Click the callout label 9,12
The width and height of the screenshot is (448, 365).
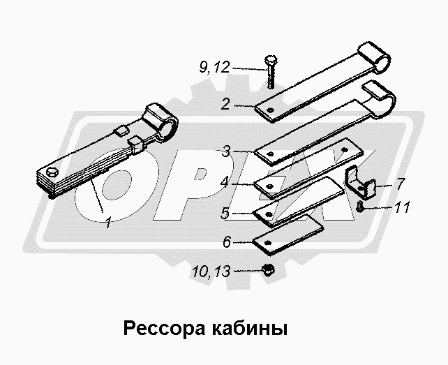[214, 68]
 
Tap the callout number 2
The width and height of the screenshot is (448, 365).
[225, 104]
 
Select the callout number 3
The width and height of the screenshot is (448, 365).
[226, 151]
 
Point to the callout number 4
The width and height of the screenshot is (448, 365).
[225, 182]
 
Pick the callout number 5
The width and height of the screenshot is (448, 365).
[225, 213]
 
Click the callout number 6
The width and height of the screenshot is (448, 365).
[227, 242]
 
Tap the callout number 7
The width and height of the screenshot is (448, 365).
[401, 184]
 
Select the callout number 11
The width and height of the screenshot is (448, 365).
[402, 207]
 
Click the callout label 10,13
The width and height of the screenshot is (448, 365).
[211, 271]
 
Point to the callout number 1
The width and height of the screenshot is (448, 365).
[108, 223]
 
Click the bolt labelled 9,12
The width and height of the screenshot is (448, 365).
[269, 72]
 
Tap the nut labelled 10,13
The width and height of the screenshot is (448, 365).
[268, 269]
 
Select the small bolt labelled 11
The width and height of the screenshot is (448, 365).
[359, 206]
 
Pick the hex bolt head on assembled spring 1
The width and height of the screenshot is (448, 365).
[52, 172]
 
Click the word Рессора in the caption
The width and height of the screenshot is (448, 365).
[164, 329]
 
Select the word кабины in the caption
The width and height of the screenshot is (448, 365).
[250, 329]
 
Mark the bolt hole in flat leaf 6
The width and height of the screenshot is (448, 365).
[268, 243]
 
